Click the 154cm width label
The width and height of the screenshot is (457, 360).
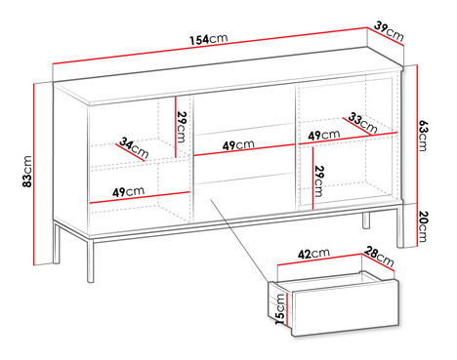coord(209,39)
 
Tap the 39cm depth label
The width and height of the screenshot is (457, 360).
coord(389,31)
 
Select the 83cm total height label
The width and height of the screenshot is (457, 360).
coord(27,172)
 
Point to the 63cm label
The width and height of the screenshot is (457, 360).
coord(423,136)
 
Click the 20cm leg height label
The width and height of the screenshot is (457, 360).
coord(423,226)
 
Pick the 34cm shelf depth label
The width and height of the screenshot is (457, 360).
coord(134,147)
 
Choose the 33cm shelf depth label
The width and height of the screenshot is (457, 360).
coord(363,123)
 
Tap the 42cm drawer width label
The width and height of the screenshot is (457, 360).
coord(313,254)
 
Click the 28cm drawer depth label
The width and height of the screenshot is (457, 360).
coord(379,257)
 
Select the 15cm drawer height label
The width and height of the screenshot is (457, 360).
coord(280,309)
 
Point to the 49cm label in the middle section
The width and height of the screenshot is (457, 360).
coord(238,145)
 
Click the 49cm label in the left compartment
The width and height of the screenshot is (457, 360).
coord(128,191)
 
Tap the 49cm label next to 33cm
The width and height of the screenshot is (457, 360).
coord(324,135)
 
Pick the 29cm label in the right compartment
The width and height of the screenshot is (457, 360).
coord(318,181)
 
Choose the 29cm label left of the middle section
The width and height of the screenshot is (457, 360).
coord(181,127)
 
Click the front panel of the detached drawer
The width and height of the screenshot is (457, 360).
coord(345,307)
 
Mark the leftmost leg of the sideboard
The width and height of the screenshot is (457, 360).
coord(57,242)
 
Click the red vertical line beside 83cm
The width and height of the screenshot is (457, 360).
coord(33,175)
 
